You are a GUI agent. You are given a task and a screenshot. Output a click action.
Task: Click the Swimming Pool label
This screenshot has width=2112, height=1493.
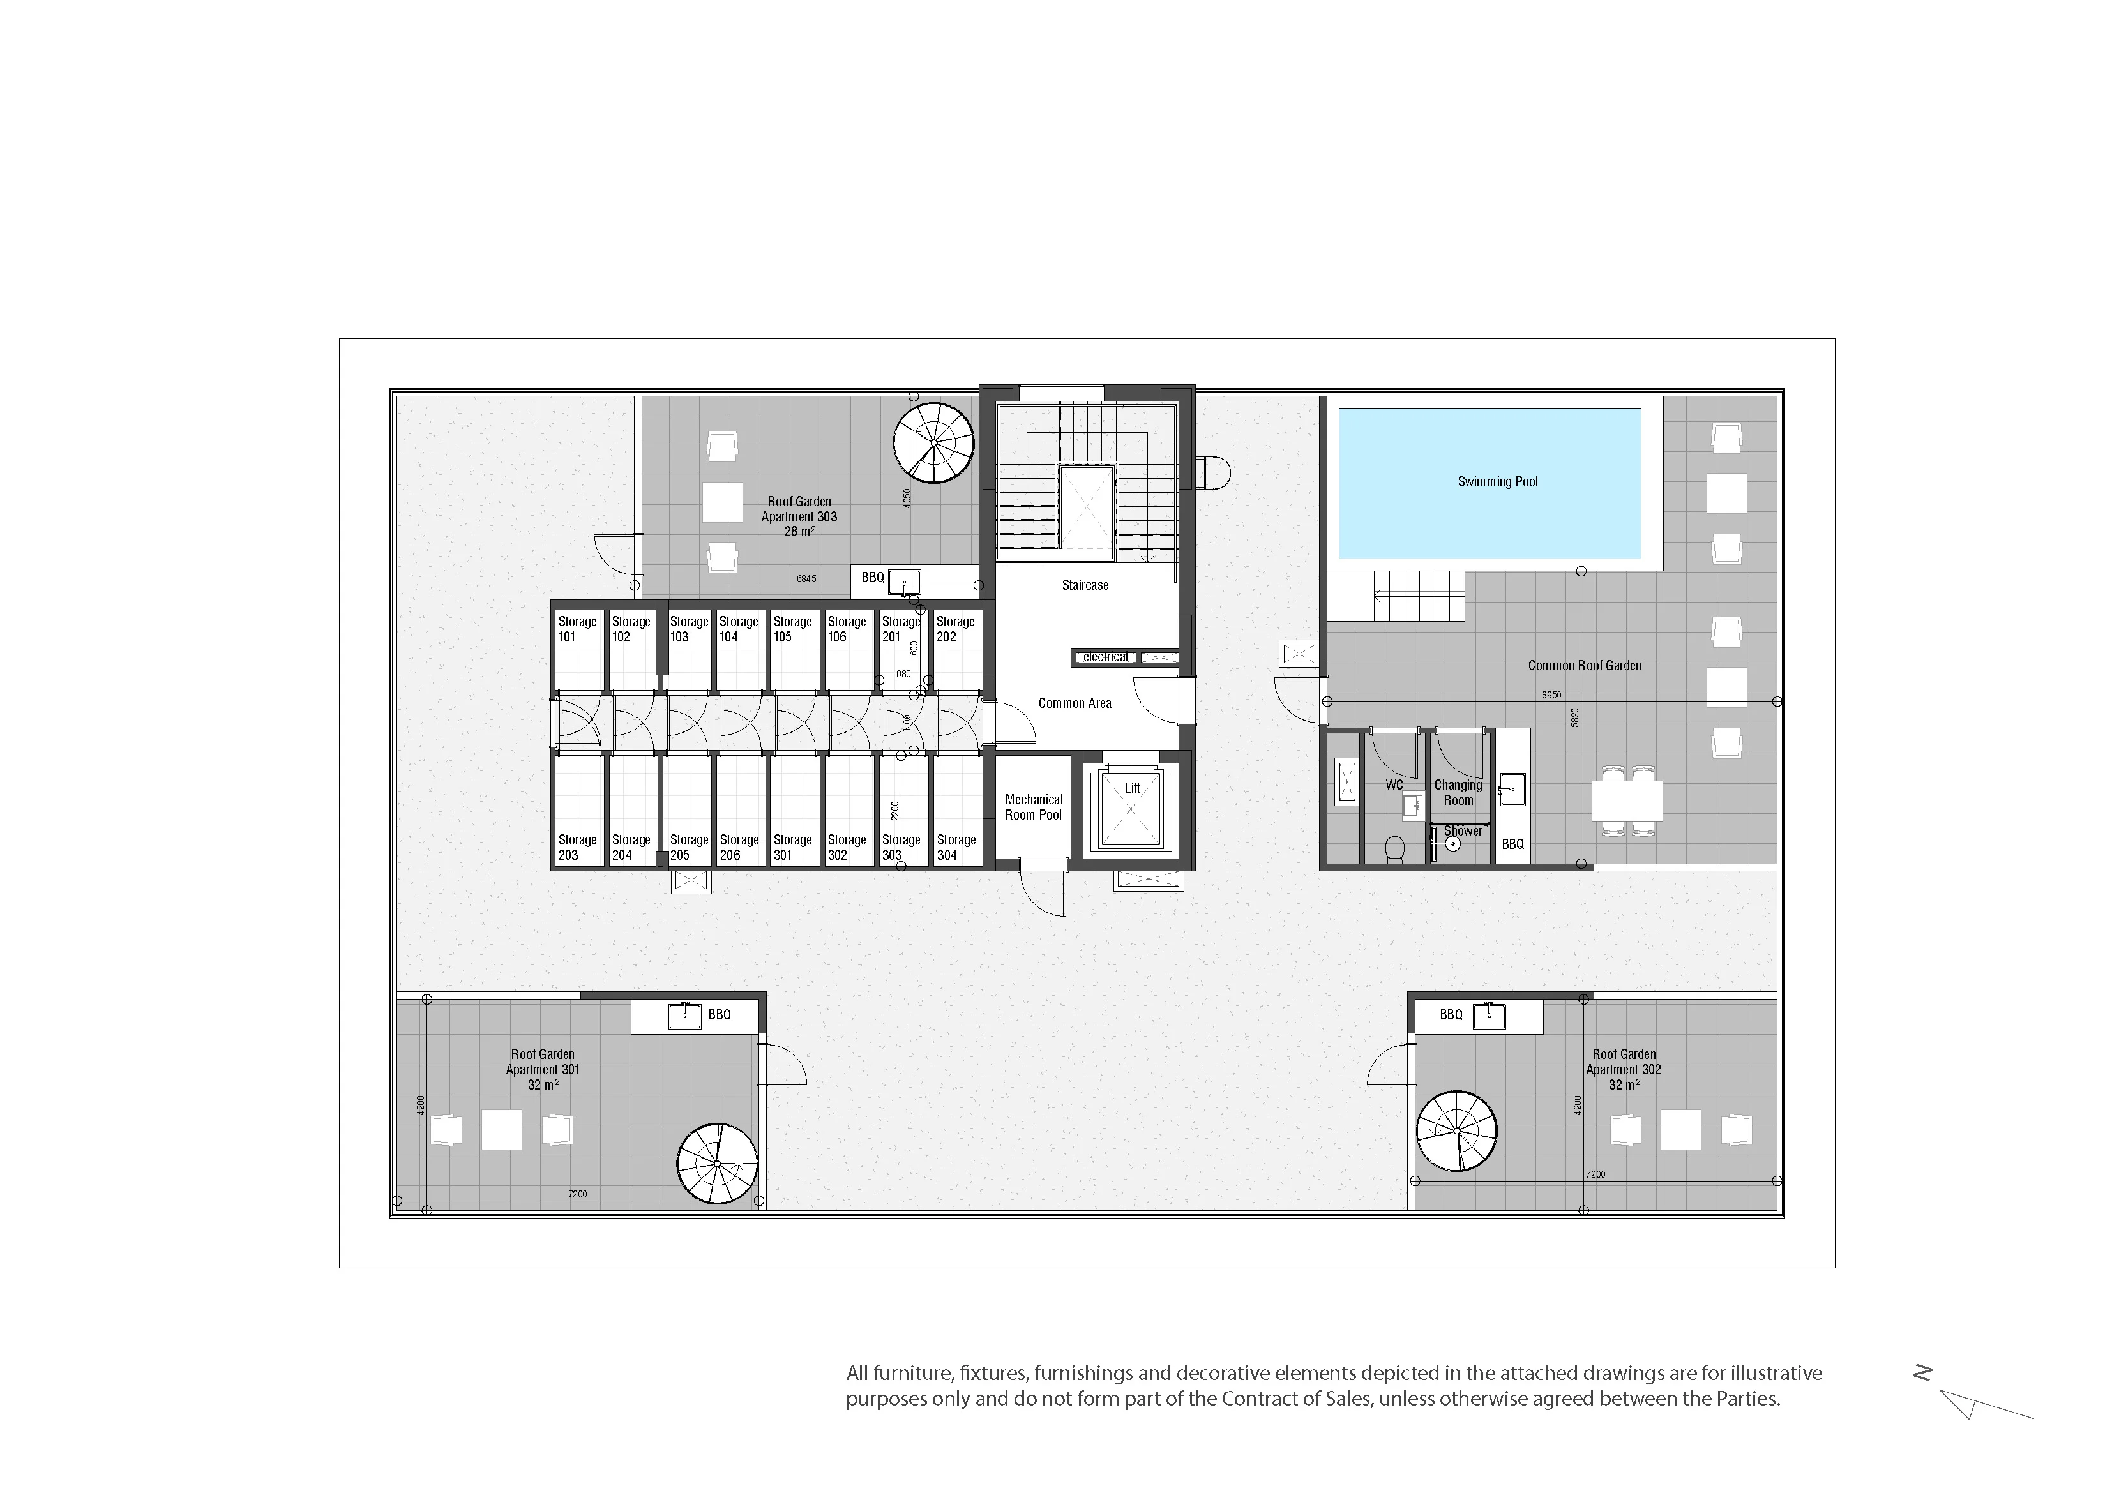(x=1498, y=482)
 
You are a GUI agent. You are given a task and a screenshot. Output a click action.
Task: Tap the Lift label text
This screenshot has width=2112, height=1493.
(x=1133, y=788)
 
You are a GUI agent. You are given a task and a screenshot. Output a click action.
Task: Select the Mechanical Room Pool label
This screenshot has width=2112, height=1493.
(x=1034, y=807)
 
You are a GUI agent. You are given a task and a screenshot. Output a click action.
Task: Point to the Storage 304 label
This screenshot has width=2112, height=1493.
(x=956, y=847)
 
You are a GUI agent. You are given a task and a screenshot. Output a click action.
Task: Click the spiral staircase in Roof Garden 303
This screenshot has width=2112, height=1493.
(x=933, y=442)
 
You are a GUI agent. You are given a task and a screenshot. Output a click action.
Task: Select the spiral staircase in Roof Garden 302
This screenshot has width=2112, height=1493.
(x=1457, y=1130)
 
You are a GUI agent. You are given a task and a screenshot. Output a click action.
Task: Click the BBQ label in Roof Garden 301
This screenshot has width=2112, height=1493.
(x=720, y=1015)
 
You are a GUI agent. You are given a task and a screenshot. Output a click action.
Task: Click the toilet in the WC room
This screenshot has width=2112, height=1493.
(x=1394, y=848)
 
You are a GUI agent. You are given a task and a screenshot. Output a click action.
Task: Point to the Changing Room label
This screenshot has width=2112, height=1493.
(x=1458, y=793)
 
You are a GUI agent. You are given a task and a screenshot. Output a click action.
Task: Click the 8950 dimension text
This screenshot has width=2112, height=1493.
(x=1551, y=696)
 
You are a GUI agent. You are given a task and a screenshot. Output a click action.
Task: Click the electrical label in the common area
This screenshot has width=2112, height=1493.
(x=1105, y=657)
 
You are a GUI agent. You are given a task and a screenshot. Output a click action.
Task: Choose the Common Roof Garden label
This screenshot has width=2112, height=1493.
(x=1584, y=666)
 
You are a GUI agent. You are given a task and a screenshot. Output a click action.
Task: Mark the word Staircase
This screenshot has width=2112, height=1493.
(x=1085, y=585)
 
